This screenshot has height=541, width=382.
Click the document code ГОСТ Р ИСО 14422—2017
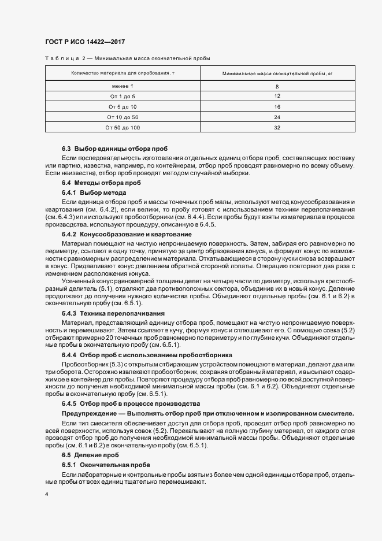pos(85,42)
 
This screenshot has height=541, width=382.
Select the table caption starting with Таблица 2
pos(128,58)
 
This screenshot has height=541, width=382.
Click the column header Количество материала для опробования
pos(122,74)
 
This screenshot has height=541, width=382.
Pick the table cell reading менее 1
pos(123,86)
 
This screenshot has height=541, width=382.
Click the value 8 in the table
pos(277,86)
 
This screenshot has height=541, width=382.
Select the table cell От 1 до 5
pos(123,96)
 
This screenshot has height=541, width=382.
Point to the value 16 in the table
pos(277,107)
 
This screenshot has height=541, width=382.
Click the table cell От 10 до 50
pos(123,117)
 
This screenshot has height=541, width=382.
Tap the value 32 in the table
pos(277,128)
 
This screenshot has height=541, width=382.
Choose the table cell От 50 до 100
pos(123,128)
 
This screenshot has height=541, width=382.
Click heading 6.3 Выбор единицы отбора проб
pos(114,149)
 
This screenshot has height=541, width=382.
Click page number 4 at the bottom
pos(47,494)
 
